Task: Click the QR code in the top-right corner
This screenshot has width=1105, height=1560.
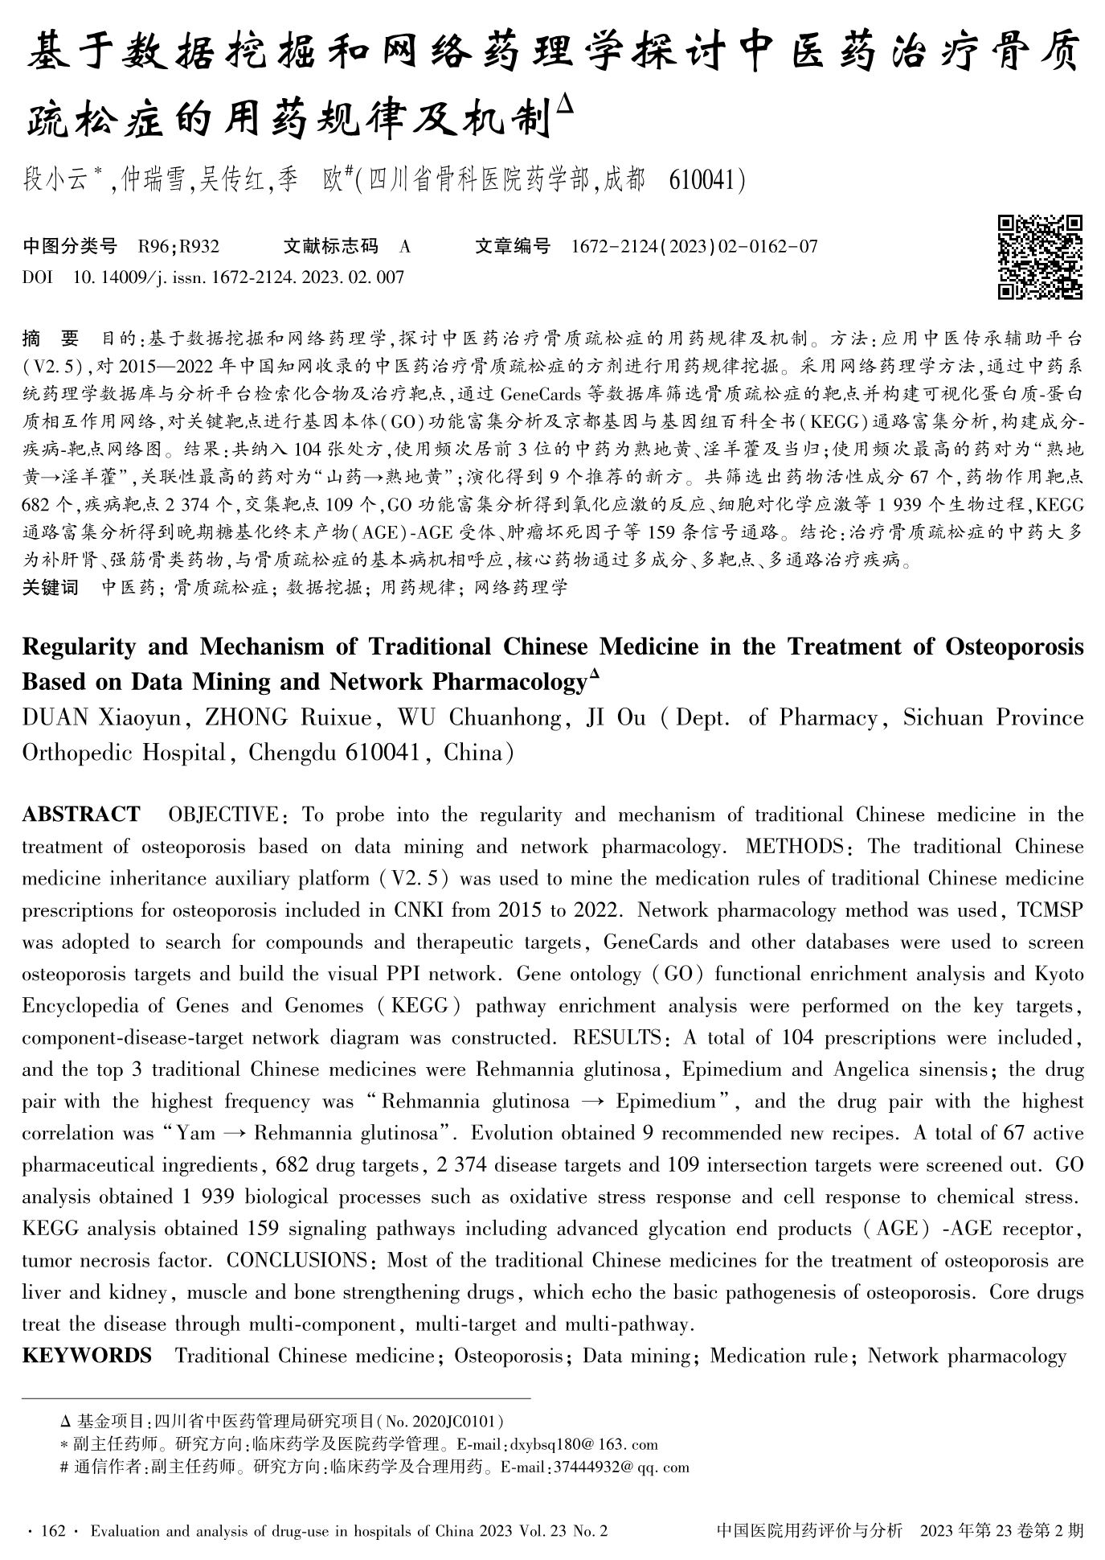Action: click(x=1039, y=257)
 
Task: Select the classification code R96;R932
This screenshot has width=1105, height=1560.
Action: click(x=178, y=246)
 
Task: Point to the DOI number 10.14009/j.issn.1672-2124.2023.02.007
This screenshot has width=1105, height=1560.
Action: click(x=238, y=277)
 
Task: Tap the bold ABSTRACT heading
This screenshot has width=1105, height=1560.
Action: click(x=80, y=815)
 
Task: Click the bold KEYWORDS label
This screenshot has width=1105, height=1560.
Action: click(x=87, y=1356)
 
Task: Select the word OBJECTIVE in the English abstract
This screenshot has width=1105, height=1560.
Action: click(x=223, y=815)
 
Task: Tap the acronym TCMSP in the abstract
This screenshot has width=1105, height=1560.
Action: click(x=1050, y=910)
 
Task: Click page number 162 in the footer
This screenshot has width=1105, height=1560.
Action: click(x=51, y=1530)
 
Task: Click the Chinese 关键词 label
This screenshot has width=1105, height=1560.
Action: click(x=50, y=588)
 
